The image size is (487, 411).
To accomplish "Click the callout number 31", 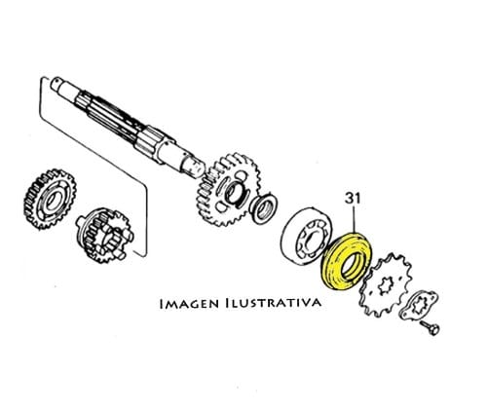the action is pyautogui.click(x=353, y=199).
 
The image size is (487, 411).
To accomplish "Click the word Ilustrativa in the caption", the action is pyautogui.click(x=274, y=303).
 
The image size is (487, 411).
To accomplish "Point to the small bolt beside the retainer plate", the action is pyautogui.click(x=430, y=327).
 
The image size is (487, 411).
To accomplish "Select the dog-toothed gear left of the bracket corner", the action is pyautogui.click(x=104, y=236).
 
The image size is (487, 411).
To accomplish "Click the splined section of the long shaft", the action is pyautogui.click(x=110, y=115).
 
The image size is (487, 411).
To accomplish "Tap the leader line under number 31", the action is pyautogui.click(x=355, y=219).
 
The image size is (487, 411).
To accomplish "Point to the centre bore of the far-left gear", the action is pyautogui.click(x=52, y=202).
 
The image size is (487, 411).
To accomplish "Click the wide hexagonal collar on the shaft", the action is pyautogui.click(x=155, y=143).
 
